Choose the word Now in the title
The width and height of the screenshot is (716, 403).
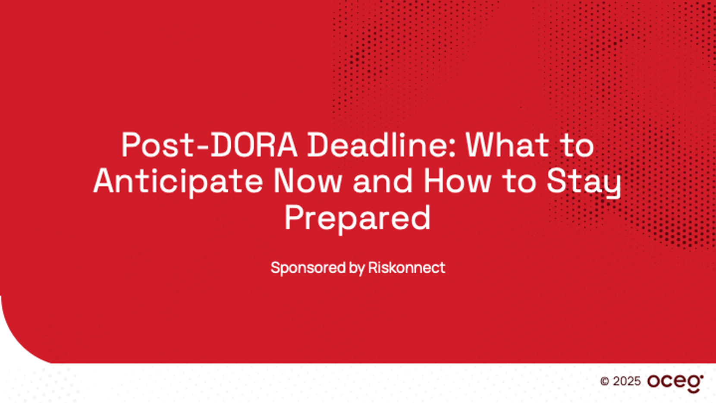[308, 181]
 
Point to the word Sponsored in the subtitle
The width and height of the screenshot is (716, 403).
[308, 268]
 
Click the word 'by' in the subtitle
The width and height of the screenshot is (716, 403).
[357, 268]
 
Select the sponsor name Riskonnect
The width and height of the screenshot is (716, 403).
[407, 268]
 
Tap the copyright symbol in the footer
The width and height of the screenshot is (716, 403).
[604, 381]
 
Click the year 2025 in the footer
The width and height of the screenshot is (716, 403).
[627, 381]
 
